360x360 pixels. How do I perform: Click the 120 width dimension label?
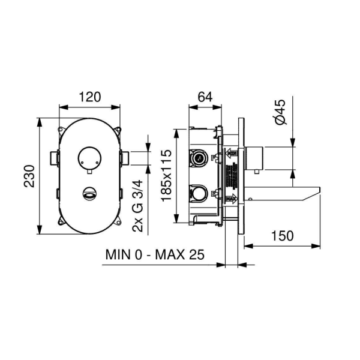(x=90, y=97)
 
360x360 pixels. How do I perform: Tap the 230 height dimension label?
(x=29, y=176)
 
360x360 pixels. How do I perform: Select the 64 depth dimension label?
(x=205, y=97)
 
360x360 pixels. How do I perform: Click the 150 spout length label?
(x=282, y=236)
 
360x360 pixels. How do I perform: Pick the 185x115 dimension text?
(x=166, y=176)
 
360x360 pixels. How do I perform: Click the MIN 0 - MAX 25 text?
(x=155, y=254)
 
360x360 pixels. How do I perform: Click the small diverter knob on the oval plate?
(x=89, y=193)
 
